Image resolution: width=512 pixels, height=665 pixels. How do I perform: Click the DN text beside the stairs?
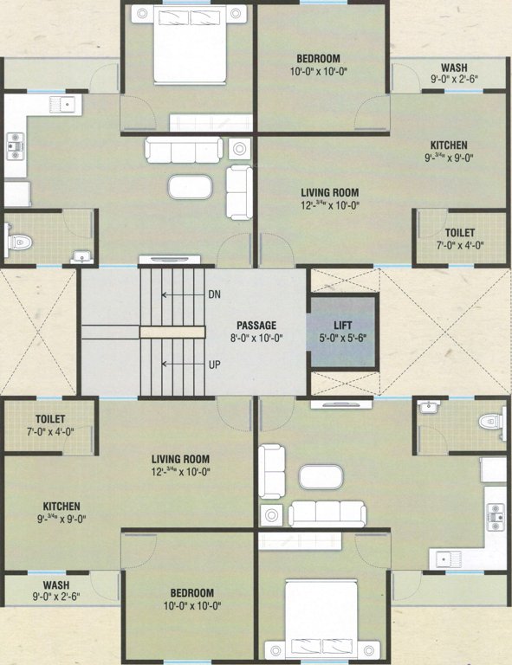[x=215, y=295]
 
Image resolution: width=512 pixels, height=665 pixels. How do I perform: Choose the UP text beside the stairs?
[x=214, y=365]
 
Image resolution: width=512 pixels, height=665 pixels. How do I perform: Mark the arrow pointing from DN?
[x=181, y=295]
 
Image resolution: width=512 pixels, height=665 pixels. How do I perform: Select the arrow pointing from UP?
[x=181, y=365]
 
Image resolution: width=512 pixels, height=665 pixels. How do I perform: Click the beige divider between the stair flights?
[x=172, y=331]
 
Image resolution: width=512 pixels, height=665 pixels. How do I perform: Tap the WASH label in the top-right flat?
[x=455, y=68]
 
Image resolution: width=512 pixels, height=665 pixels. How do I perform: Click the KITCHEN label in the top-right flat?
[x=449, y=145]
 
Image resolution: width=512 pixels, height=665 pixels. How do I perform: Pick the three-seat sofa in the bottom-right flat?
[x=327, y=513]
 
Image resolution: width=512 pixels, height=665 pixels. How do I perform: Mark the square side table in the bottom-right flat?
[x=272, y=515]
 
